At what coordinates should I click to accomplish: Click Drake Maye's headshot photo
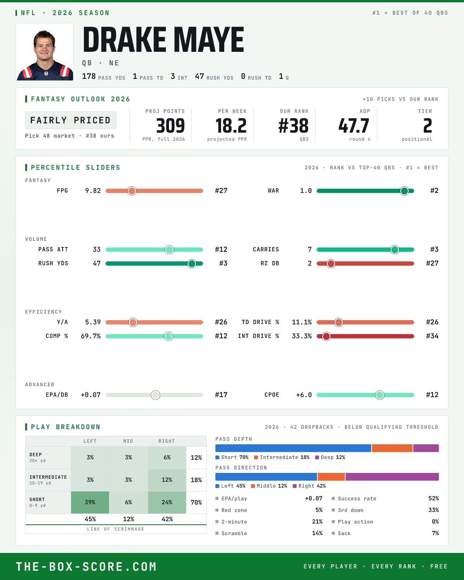(x=44, y=52)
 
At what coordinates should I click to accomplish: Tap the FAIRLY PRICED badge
(x=71, y=120)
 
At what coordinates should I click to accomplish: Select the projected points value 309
(x=171, y=126)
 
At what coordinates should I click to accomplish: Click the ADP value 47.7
(x=353, y=126)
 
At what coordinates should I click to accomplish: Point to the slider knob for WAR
(x=404, y=191)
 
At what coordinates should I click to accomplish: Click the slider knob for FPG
(x=132, y=191)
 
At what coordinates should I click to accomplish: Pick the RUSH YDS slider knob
(x=192, y=264)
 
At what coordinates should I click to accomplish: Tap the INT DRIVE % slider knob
(x=326, y=336)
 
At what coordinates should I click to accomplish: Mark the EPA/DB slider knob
(x=155, y=395)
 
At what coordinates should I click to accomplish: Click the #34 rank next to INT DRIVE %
(x=432, y=336)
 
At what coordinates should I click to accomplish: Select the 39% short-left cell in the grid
(x=90, y=502)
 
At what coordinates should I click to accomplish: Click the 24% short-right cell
(x=167, y=502)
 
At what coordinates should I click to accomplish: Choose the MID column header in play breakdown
(x=128, y=441)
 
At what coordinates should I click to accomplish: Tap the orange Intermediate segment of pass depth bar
(x=392, y=448)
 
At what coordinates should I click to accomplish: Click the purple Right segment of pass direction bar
(x=392, y=477)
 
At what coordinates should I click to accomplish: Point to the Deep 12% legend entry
(x=330, y=457)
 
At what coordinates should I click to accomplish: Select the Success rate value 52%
(x=433, y=498)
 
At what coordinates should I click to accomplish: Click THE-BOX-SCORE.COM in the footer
(x=86, y=566)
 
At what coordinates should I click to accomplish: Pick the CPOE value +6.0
(x=304, y=395)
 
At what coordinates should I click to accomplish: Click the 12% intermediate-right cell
(x=167, y=480)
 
